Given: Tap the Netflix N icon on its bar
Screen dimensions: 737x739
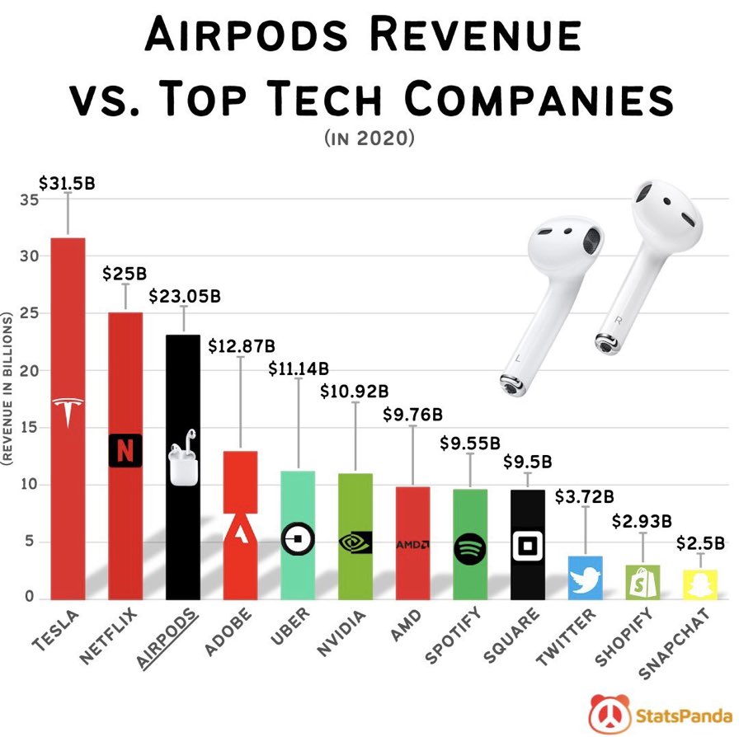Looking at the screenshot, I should pyautogui.click(x=125, y=450).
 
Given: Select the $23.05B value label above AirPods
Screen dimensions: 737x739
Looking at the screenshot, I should pyautogui.click(x=185, y=295).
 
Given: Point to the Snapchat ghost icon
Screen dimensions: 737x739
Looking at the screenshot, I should pyautogui.click(x=699, y=582).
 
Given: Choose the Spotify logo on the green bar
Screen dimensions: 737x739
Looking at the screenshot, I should pyautogui.click(x=470, y=547).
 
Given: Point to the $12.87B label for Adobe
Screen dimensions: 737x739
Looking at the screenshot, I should pyautogui.click(x=241, y=344).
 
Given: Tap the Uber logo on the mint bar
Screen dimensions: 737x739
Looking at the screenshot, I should pyautogui.click(x=298, y=540).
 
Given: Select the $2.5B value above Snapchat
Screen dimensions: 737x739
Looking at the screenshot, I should pyautogui.click(x=700, y=543).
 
